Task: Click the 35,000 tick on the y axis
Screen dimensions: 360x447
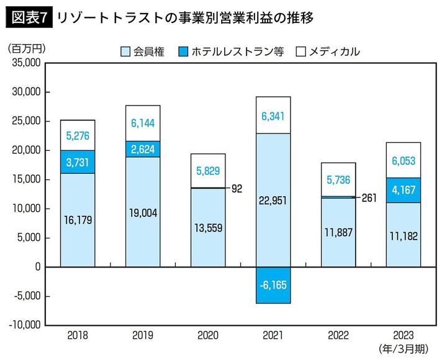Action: (25, 63)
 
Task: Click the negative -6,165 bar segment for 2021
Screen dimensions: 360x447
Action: (273, 285)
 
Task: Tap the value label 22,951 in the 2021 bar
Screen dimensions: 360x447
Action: (273, 199)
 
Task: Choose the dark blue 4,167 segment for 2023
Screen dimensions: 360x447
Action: (404, 190)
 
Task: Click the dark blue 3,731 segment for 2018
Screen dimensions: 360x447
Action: (78, 162)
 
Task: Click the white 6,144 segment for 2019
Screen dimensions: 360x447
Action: (143, 124)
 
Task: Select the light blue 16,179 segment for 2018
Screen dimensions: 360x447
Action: (78, 220)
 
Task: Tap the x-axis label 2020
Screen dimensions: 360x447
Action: (208, 336)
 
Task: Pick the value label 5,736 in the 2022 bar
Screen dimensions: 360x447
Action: (338, 180)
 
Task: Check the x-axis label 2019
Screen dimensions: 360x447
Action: (143, 336)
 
